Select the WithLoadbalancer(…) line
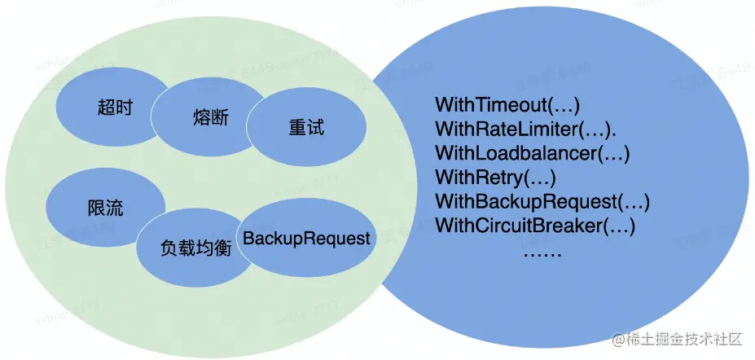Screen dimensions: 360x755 [533, 152]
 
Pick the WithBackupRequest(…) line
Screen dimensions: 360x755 [542, 201]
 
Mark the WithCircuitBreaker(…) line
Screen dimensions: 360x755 [535, 225]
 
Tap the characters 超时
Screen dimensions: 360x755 [114, 108]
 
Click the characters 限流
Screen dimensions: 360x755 [105, 208]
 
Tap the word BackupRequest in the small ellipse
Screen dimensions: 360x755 [306, 239]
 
